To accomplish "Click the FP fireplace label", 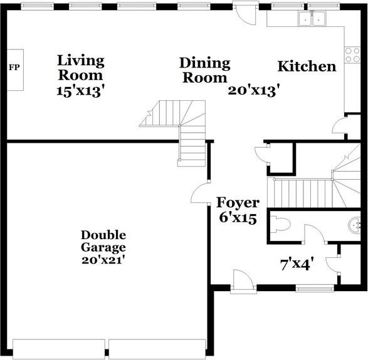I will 14,66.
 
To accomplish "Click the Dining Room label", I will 204,70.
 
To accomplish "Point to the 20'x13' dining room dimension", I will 253,90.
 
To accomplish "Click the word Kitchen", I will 307,66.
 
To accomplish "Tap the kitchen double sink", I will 312,19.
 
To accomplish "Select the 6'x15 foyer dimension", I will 237,219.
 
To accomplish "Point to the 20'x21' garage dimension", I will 103,259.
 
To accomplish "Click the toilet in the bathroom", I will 282,224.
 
